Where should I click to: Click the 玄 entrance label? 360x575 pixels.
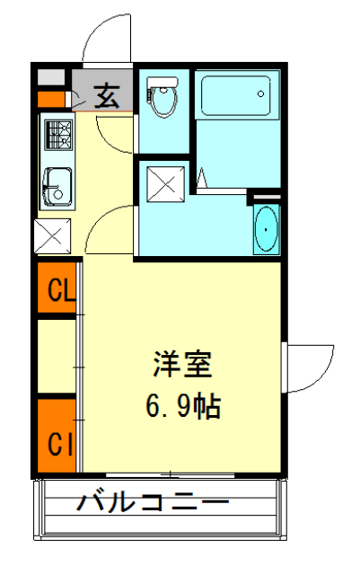point(107,95)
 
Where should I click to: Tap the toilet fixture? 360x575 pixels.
point(162,97)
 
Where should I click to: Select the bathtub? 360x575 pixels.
point(235,97)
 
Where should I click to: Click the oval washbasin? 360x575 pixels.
point(266,230)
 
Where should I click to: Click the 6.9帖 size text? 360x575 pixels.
point(182,409)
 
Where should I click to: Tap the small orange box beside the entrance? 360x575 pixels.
point(52,98)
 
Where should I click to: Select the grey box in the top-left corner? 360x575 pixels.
point(52,75)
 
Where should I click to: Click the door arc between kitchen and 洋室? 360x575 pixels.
point(112,226)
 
